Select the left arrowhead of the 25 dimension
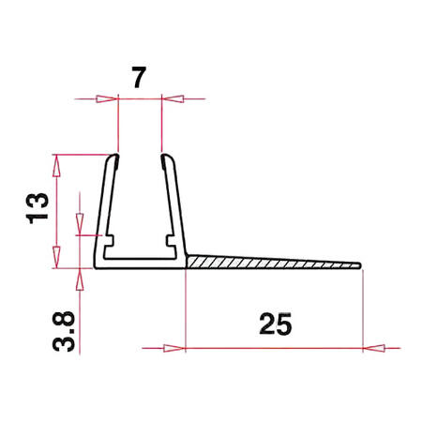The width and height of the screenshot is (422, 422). pos(176,347)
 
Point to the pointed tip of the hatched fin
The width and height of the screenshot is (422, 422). pos(359,264)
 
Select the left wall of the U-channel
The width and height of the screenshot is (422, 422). pos(103,211)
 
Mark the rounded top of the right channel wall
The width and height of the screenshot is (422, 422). pos(166,158)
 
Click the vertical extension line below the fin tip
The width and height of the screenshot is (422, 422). pos(362,305)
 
